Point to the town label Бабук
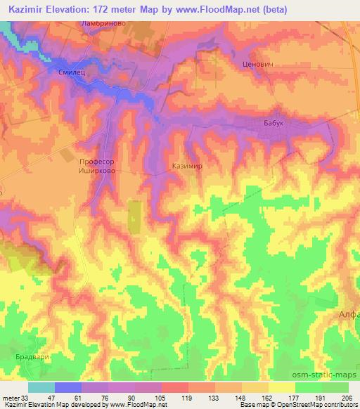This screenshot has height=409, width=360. tap(273, 123)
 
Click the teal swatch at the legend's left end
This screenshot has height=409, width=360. tap(41, 387)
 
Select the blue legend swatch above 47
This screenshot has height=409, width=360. tap(67, 387)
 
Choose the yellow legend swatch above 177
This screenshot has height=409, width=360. tap(281, 387)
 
